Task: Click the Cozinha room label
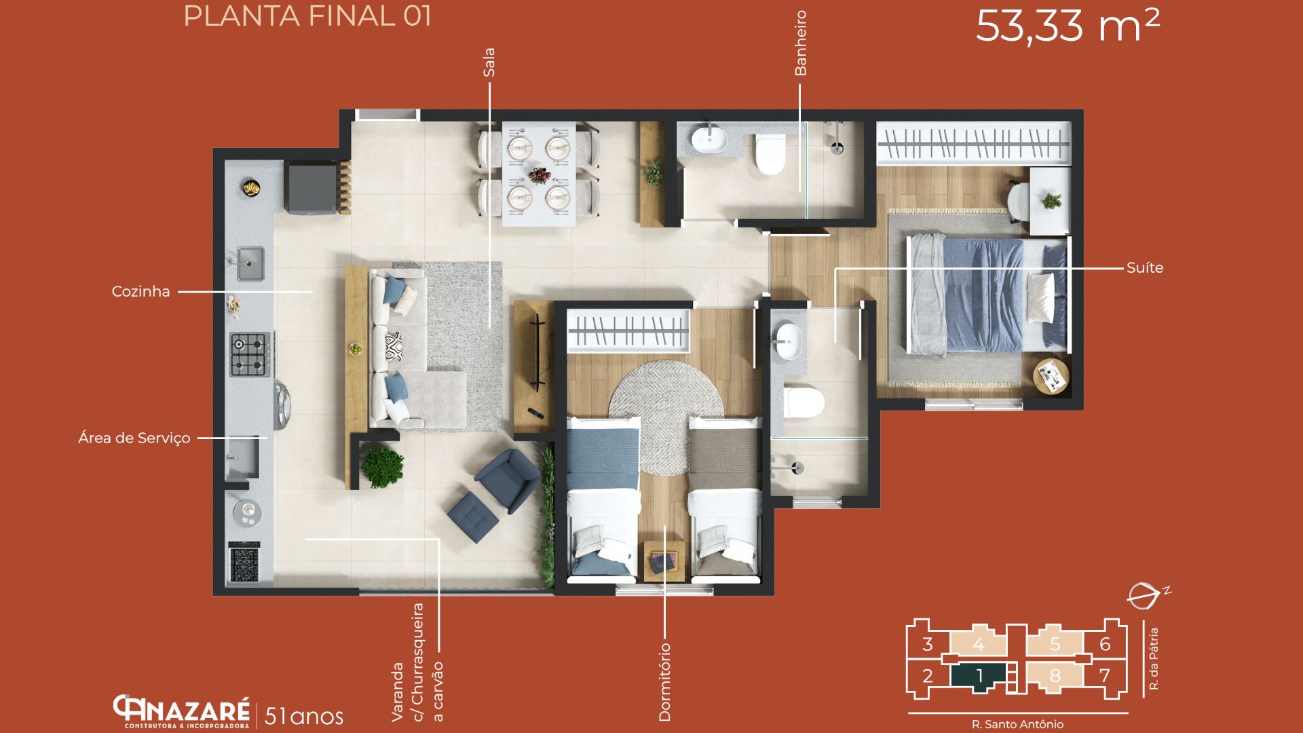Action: click(x=140, y=292)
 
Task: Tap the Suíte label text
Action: click(x=1145, y=268)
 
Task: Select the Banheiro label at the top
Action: click(x=801, y=43)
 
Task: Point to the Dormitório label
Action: click(x=664, y=682)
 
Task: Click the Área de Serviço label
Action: click(x=134, y=438)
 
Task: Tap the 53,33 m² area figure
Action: click(x=1068, y=26)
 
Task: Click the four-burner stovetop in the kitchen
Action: click(x=250, y=354)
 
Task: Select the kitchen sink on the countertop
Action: click(x=250, y=263)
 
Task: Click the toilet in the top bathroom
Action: click(x=770, y=154)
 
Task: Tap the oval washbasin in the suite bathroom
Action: click(x=789, y=341)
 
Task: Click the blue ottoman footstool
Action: click(x=473, y=516)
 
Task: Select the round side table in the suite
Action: click(x=1051, y=376)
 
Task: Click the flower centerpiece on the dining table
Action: click(x=540, y=175)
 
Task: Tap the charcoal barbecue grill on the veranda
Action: click(x=244, y=563)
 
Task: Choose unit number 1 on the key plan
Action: click(x=979, y=676)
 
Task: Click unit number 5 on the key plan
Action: click(x=1055, y=643)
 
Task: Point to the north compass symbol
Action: click(x=1147, y=595)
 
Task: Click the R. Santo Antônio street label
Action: click(x=1017, y=724)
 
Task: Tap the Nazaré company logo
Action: click(x=181, y=711)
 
